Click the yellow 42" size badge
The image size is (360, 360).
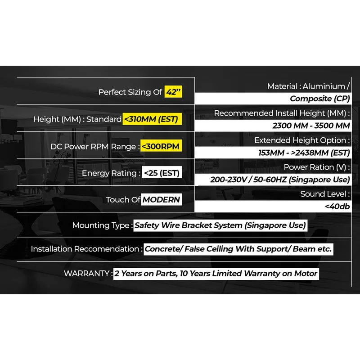point(173,92)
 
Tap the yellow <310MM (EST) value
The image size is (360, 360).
point(152,119)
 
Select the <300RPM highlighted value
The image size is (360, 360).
point(161,146)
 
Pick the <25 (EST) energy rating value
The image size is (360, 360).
point(162,173)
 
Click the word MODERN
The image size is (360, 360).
point(161,199)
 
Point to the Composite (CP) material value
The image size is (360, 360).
point(319,99)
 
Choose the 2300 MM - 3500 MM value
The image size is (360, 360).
point(311,126)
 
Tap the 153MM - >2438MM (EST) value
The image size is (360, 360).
point(304,153)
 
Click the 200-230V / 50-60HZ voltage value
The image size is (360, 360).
point(280,180)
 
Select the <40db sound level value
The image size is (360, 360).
point(337,207)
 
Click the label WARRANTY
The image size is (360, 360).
point(86,274)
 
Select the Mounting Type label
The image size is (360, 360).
point(101,225)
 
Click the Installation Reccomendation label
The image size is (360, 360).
point(85,249)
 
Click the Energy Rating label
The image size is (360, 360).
point(109,173)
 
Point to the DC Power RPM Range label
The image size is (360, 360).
point(93,147)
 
